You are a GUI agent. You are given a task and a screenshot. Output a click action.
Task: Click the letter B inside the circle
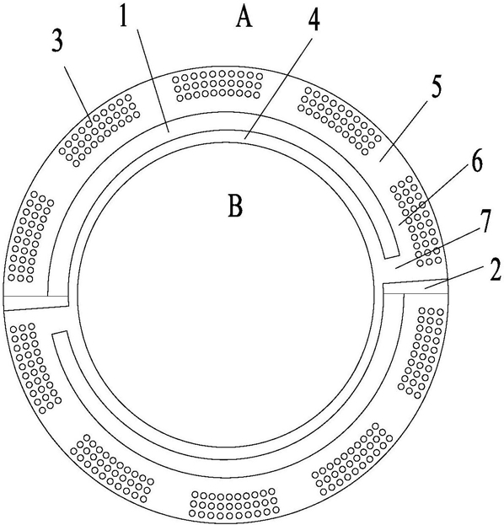pyautogui.click(x=235, y=206)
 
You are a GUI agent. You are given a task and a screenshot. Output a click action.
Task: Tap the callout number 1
pyautogui.click(x=124, y=17)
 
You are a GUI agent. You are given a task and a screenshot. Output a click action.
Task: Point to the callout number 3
pyautogui.click(x=57, y=42)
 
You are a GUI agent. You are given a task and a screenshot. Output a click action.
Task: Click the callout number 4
pyautogui.click(x=314, y=21)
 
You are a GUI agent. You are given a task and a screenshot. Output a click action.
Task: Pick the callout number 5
pyautogui.click(x=436, y=87)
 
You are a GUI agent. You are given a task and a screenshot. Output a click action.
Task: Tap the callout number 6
pyautogui.click(x=475, y=162)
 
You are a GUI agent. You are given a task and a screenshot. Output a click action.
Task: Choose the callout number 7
pyautogui.click(x=485, y=219)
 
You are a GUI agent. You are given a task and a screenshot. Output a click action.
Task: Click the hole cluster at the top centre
pyautogui.click(x=217, y=85)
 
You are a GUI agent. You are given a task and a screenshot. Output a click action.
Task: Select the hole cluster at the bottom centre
pyautogui.click(x=234, y=503)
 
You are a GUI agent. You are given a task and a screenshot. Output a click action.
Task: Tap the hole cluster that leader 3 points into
pyautogui.click(x=99, y=130)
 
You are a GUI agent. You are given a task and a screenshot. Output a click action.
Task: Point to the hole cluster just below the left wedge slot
pyautogui.click(x=35, y=367)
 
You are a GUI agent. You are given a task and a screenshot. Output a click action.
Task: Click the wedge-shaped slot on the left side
pyautogui.click(x=36, y=303)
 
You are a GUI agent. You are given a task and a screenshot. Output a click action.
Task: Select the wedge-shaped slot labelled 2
pyautogui.click(x=415, y=287)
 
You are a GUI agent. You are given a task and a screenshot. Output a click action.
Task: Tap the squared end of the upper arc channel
pyautogui.click(x=391, y=254)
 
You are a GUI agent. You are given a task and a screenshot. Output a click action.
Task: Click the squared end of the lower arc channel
pyautogui.click(x=60, y=335)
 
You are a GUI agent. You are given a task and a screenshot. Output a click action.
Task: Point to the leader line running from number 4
pyautogui.click(x=279, y=88)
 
